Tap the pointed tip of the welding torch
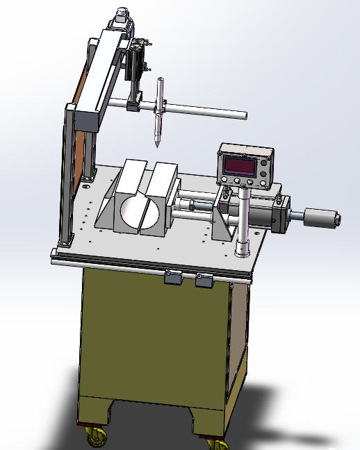(x=157, y=144)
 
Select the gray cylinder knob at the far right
(x=321, y=218)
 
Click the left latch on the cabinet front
(x=172, y=278)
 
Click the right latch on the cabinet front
(x=204, y=281)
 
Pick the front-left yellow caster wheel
(x=95, y=437)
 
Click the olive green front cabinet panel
(x=153, y=340)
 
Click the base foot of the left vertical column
(x=65, y=243)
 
